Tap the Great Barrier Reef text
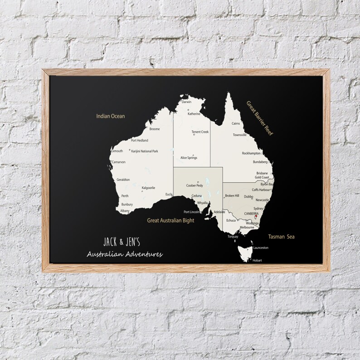point(261,119)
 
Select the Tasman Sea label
point(282,236)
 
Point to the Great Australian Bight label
point(170,220)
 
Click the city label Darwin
point(187,102)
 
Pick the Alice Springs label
point(189,157)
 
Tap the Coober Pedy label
point(194,185)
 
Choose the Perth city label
point(125,196)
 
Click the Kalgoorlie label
point(149,187)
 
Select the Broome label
point(154,129)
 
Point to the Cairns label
point(236,123)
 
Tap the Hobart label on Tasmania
point(257,260)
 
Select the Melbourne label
point(240,227)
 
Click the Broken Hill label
point(232,195)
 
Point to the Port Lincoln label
point(192,212)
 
